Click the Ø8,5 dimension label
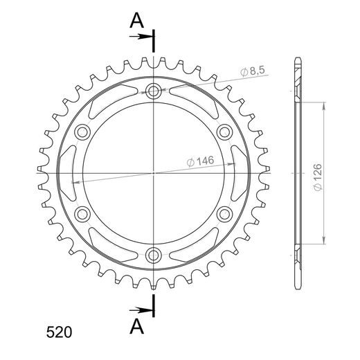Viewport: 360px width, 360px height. pos(253,71)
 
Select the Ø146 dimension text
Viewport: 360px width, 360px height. pos(200,161)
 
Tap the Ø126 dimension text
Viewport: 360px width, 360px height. pos(318,177)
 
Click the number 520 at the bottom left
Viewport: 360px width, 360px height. pos(59,332)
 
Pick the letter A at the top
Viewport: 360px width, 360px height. pos(136,20)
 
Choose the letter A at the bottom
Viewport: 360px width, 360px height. pos(137,327)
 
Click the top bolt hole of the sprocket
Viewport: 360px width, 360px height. pos(154,91)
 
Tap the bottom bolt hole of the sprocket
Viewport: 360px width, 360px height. pos(153,255)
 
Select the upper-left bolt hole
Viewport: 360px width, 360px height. pos(82,132)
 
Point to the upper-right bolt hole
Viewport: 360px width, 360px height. pos(224,132)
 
